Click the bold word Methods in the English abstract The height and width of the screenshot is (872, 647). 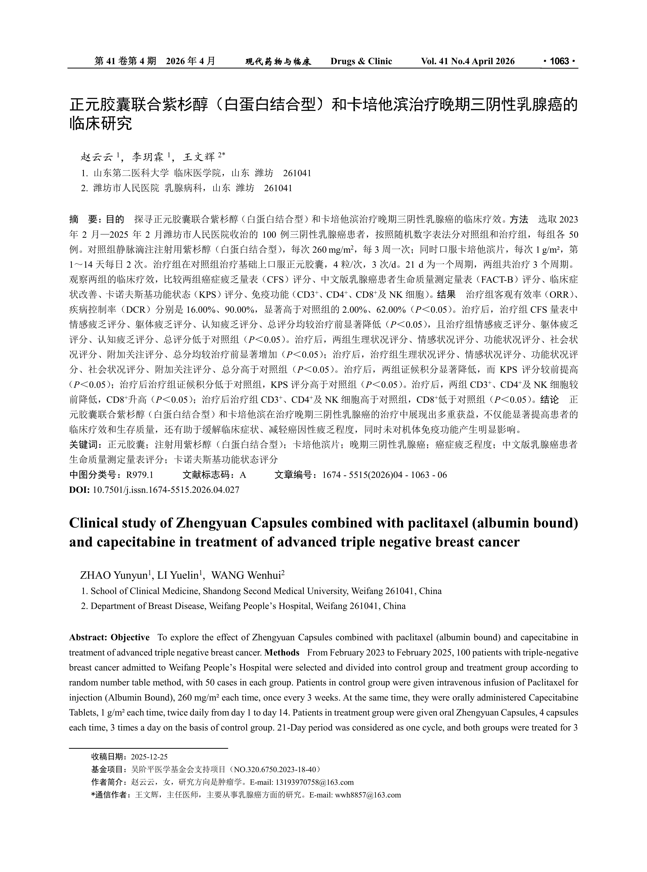click(x=282, y=653)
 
